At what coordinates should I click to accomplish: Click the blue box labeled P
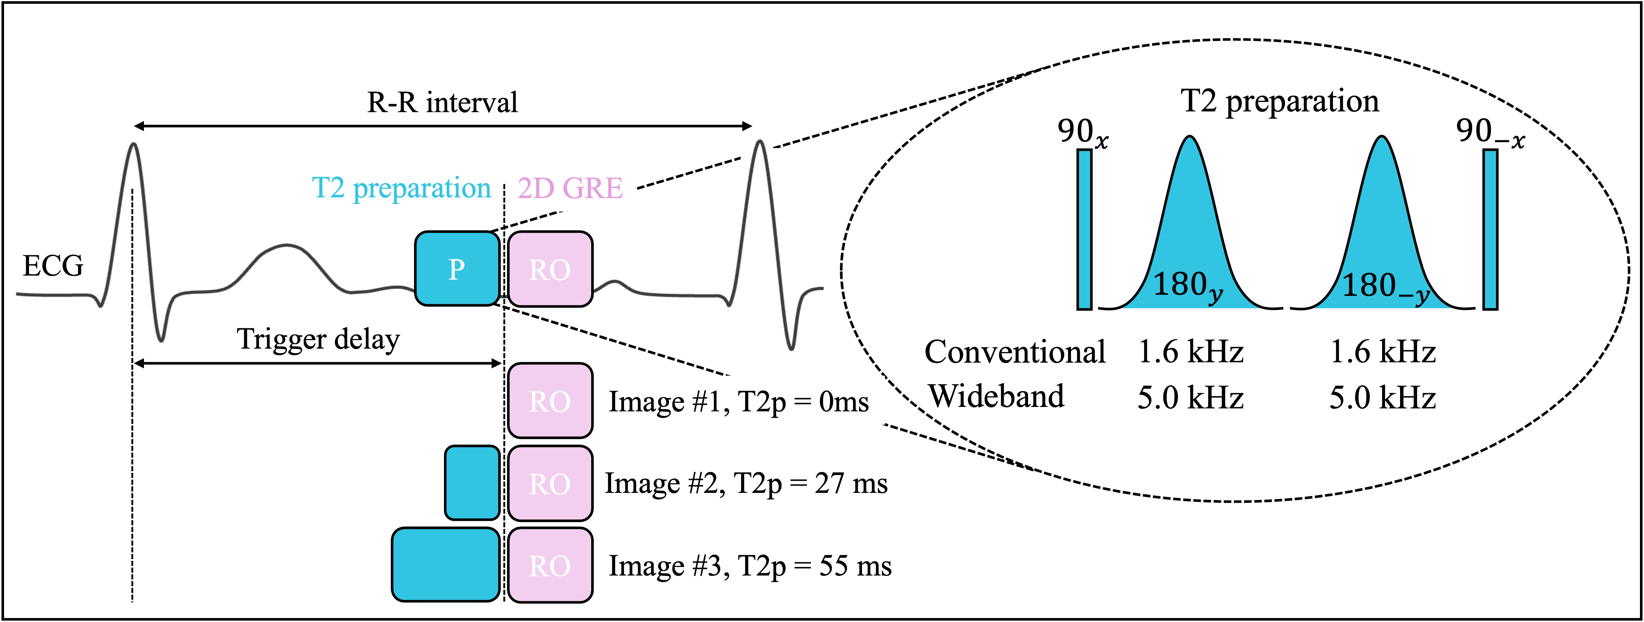[457, 269]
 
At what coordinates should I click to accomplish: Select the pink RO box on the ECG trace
[549, 269]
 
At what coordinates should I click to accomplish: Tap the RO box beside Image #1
[549, 401]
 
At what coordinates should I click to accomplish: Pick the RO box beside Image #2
[549, 483]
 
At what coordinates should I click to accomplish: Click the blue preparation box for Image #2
[472, 483]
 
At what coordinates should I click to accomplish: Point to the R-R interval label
[442, 102]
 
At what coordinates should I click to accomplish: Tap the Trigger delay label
[318, 339]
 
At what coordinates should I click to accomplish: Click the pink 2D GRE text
[570, 188]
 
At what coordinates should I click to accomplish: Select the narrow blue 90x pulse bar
[1084, 230]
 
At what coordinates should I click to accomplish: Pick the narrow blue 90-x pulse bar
[1490, 230]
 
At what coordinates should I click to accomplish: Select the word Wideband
[996, 396]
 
